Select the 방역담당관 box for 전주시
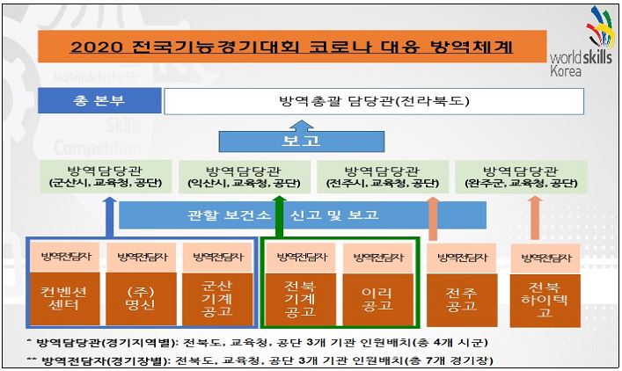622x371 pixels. tap(383, 177)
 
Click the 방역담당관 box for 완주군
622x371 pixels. tap(526, 177)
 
